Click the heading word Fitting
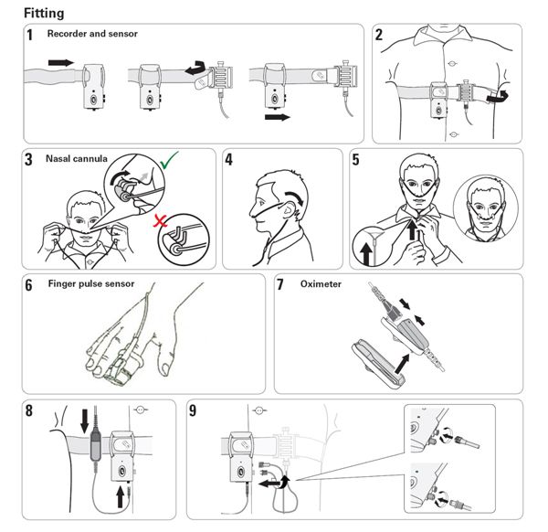click(x=44, y=14)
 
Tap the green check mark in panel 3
click(x=169, y=161)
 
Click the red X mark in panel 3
click(x=160, y=220)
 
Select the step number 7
click(x=280, y=284)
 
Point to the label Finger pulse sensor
click(x=91, y=283)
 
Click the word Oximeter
click(x=321, y=284)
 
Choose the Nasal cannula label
click(x=77, y=159)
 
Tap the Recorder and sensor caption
click(x=92, y=34)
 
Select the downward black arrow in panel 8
click(x=85, y=420)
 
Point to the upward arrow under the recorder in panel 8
click(x=120, y=497)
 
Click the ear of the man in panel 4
click(x=289, y=211)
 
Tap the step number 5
click(x=355, y=159)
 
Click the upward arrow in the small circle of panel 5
click(x=366, y=253)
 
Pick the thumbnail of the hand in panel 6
click(x=164, y=368)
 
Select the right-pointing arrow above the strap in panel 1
click(x=61, y=62)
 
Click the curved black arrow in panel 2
click(x=498, y=97)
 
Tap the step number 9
click(x=193, y=410)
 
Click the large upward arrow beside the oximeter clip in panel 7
click(x=402, y=364)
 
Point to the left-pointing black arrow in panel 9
click(x=269, y=484)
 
